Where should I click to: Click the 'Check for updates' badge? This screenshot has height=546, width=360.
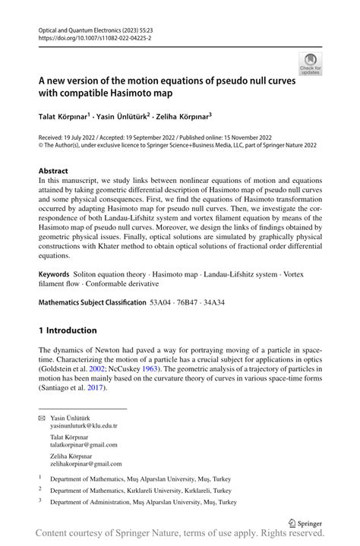pyautogui.click(x=311, y=64)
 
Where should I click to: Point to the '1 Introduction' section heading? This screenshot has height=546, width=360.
pyautogui.click(x=68, y=330)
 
